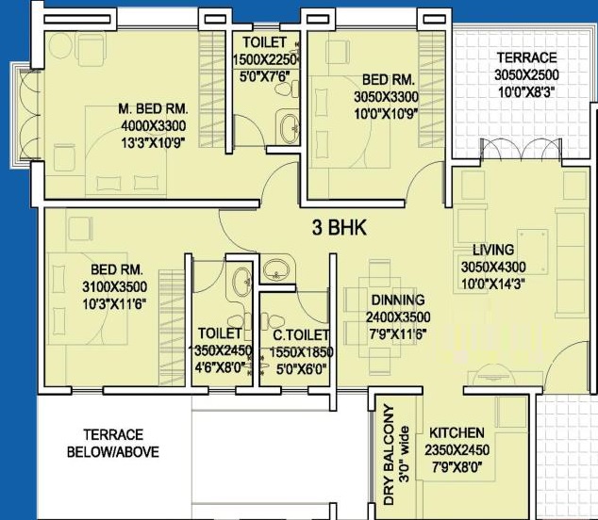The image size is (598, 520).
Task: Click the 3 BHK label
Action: click(339, 228)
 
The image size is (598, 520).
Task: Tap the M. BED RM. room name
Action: click(154, 109)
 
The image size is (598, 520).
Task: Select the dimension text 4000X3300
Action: click(154, 125)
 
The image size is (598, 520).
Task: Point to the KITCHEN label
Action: click(457, 433)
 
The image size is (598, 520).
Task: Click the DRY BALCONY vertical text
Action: click(389, 455)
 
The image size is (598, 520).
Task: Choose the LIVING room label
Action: click(493, 250)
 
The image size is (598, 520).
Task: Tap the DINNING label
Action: click(398, 301)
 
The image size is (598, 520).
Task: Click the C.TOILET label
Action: click(301, 335)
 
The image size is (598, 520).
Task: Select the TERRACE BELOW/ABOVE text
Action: click(113, 444)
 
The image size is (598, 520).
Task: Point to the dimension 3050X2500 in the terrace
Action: click(526, 75)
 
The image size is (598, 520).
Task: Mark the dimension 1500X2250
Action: click(265, 59)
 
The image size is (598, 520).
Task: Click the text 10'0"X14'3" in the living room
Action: click(493, 284)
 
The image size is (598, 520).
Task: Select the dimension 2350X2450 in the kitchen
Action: click(457, 450)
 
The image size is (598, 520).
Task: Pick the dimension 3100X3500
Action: click(115, 287)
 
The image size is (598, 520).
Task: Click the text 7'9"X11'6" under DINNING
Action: click(398, 334)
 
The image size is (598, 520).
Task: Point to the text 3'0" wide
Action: click(405, 455)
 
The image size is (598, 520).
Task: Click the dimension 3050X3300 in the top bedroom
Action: click(387, 97)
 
